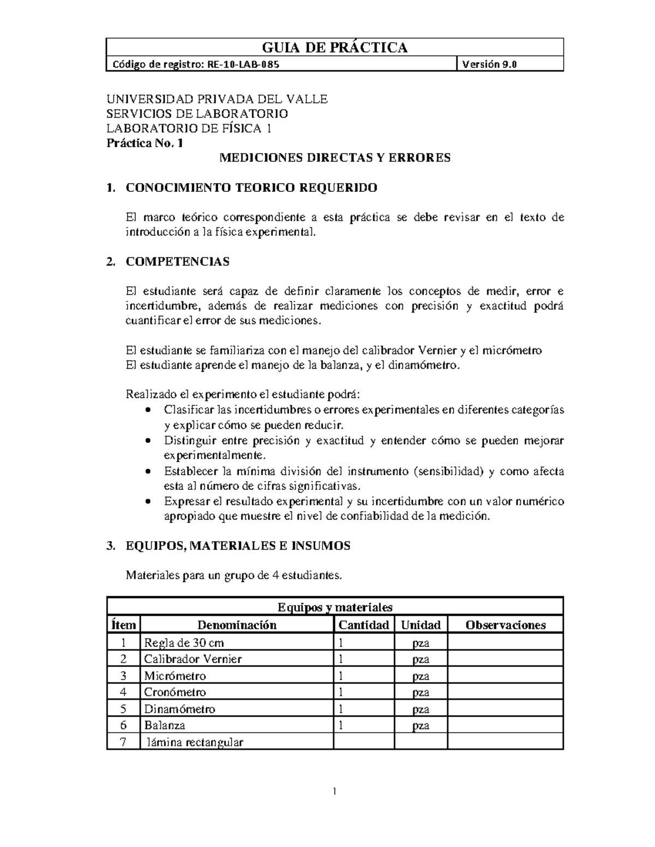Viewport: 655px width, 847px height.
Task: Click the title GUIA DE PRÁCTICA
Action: click(x=335, y=47)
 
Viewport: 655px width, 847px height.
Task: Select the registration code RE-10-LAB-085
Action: click(x=242, y=64)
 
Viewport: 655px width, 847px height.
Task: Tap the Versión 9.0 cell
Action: click(x=489, y=64)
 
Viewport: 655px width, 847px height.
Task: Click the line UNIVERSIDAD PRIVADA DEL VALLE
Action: click(x=217, y=99)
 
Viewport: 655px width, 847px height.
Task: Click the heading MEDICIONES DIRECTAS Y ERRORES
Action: click(x=335, y=158)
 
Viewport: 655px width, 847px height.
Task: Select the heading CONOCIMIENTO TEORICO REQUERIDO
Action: click(x=251, y=188)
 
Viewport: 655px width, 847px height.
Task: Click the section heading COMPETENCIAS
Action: click(x=177, y=261)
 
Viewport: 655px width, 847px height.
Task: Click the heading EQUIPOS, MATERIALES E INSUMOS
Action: click(x=238, y=545)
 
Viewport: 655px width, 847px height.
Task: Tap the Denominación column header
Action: click(x=236, y=625)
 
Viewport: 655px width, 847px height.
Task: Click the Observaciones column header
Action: click(x=505, y=625)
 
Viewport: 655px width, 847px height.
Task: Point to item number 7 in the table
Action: click(x=123, y=742)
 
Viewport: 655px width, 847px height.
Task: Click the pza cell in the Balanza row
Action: click(x=420, y=725)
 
